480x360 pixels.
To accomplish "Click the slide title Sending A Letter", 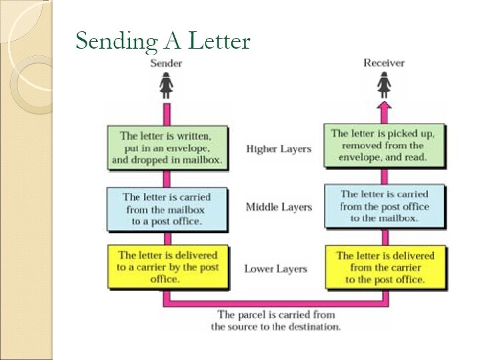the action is [x=163, y=41].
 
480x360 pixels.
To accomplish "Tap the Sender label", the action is [x=166, y=63].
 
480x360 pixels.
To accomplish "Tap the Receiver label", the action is [x=384, y=63].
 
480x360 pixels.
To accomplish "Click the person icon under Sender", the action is [x=166, y=85].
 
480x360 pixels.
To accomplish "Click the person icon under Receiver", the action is [x=385, y=85].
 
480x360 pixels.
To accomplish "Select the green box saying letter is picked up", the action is [x=383, y=146].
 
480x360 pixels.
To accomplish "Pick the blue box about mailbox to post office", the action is [x=167, y=209].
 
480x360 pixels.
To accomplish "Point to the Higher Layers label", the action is [x=278, y=149].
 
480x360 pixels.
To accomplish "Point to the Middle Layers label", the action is [x=278, y=207].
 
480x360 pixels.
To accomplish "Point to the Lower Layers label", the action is [x=275, y=269].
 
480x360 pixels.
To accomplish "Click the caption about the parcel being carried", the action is [x=276, y=321].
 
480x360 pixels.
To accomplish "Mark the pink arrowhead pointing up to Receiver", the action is [x=385, y=106].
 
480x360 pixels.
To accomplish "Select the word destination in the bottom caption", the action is [x=315, y=327].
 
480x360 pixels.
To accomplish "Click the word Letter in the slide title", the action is [x=219, y=41].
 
